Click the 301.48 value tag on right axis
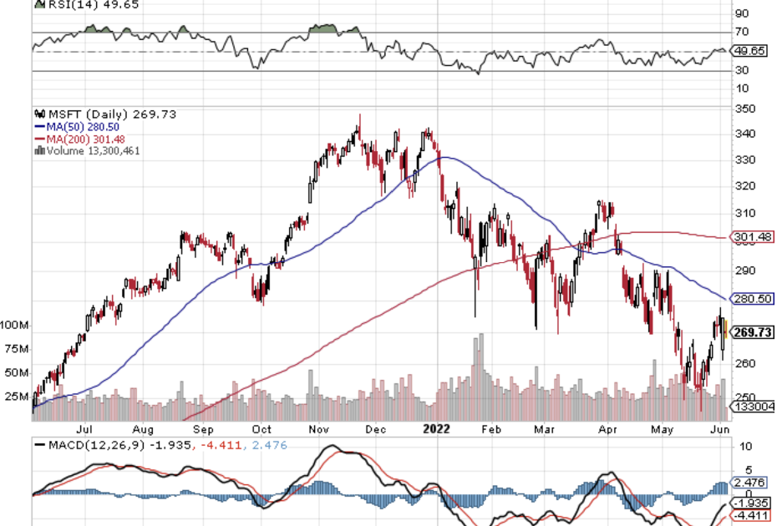point(751,238)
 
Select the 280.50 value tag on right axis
point(751,298)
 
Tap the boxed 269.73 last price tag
point(752,332)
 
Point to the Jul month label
point(84,430)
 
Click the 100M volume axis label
point(16,324)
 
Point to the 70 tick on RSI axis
point(741,33)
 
